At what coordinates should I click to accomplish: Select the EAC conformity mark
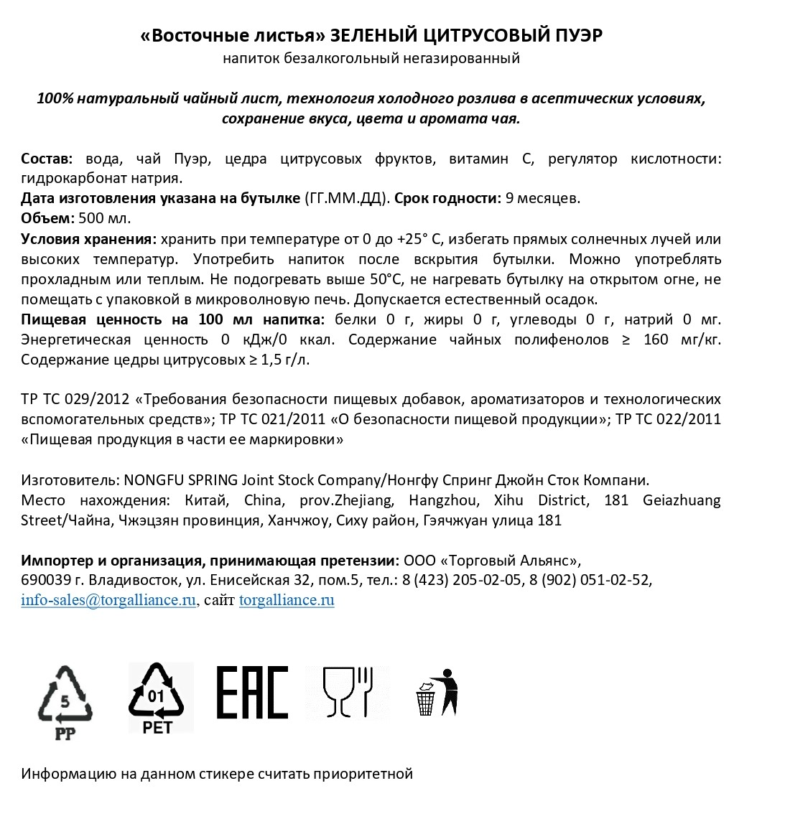click(252, 693)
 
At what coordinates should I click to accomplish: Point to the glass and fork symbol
click(348, 693)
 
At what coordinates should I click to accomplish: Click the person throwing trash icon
click(437, 693)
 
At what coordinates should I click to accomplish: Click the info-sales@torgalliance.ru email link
click(108, 601)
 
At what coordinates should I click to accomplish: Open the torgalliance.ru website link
click(287, 601)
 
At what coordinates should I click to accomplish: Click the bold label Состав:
click(47, 159)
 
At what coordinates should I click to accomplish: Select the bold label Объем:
click(47, 218)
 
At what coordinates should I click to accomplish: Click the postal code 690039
click(44, 580)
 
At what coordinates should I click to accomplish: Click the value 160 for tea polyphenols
click(656, 340)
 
